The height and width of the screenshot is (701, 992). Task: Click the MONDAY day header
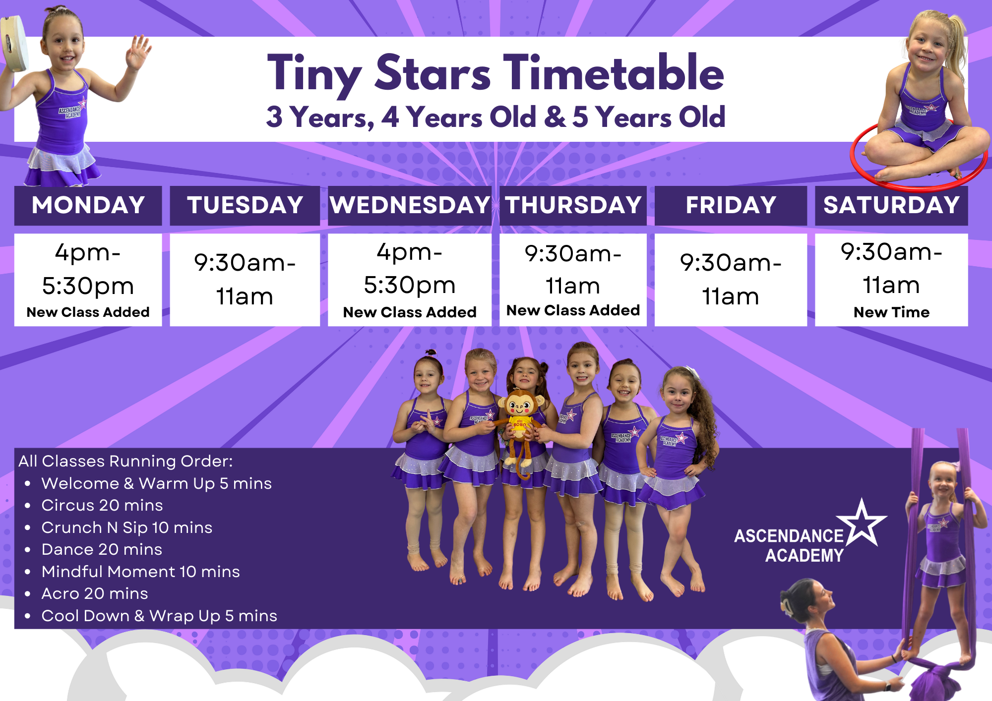coord(88,205)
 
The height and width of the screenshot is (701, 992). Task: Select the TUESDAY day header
coord(245,205)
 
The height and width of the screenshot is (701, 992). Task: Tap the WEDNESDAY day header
coord(410,205)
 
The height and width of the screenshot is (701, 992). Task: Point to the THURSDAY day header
coord(573,205)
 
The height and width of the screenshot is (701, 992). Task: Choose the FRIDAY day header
coord(731,205)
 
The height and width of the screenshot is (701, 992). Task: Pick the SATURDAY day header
coord(891,205)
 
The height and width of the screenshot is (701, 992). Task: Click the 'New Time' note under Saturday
coord(891,312)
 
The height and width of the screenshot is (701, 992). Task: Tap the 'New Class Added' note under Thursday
coord(573,310)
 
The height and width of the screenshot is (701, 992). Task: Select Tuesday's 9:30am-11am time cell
coord(245,280)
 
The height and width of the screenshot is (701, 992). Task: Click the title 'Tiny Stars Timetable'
coord(496,73)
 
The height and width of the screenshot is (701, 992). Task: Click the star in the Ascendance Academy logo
coord(862,523)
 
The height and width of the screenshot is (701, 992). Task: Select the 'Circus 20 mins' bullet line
coord(102,505)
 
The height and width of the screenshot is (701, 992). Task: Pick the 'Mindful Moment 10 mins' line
coord(140,572)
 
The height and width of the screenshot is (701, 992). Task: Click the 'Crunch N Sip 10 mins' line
coord(126,527)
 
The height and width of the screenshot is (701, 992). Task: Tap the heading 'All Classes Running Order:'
coord(125,461)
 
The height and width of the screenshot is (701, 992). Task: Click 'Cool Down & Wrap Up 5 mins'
coord(159,616)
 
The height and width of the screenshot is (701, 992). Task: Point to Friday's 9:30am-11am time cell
coord(731,280)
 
